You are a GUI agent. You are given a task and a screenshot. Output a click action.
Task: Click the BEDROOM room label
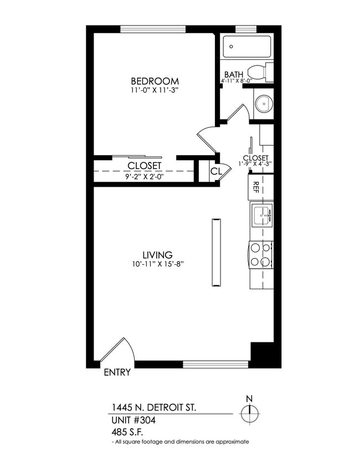coord(155,80)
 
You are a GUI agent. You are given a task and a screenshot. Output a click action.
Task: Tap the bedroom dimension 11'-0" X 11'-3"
coord(155,89)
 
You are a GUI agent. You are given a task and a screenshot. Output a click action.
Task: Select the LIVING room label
coord(157,255)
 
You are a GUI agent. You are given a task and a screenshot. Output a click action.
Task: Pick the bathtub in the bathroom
coord(246,47)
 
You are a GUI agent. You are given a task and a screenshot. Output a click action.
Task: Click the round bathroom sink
coord(264,103)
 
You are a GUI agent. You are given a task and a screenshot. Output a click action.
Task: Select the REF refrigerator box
coord(257,187)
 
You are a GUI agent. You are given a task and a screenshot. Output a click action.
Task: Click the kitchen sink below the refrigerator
coord(261,215)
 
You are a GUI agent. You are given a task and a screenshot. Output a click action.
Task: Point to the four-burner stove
coord(261,255)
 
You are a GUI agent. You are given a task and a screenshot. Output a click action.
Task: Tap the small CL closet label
coord(216,172)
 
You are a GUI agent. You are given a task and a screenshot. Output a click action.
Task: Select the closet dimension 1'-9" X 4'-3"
coord(256,164)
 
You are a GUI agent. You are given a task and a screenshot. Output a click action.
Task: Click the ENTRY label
coord(117,372)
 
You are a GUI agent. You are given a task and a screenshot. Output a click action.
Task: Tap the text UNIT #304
coord(133,421)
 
